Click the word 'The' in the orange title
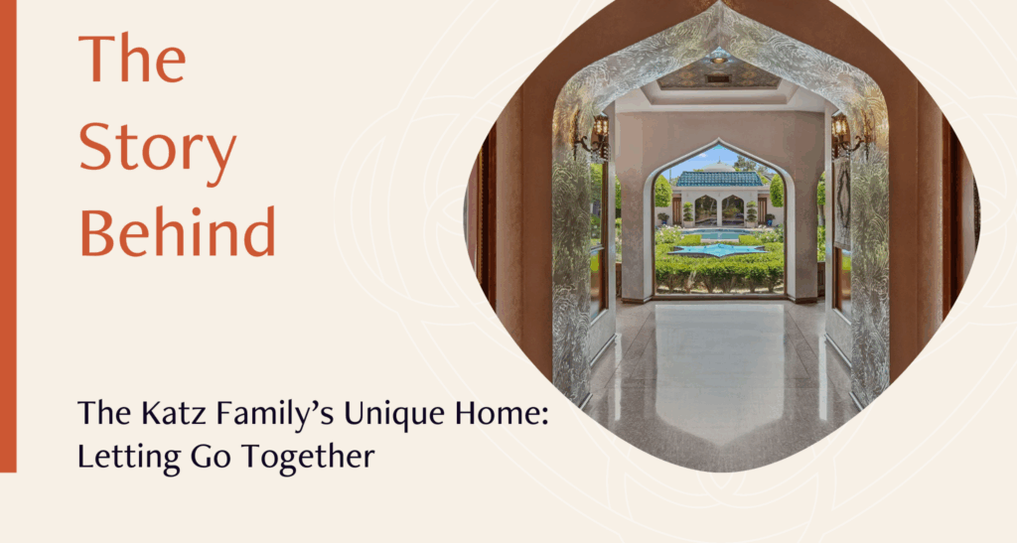pyautogui.click(x=132, y=59)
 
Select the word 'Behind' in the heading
pyautogui.click(x=178, y=231)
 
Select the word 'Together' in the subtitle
pyautogui.click(x=309, y=458)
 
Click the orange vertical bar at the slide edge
pyautogui.click(x=8, y=236)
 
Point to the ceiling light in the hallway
pyautogui.click(x=719, y=56)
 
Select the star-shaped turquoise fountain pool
pyautogui.click(x=719, y=249)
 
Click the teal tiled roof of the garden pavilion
pyautogui.click(x=719, y=179)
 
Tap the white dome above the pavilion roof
pyautogui.click(x=719, y=167)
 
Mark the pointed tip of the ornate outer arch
pyautogui.click(x=720, y=3)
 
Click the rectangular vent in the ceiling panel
pyautogui.click(x=718, y=77)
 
